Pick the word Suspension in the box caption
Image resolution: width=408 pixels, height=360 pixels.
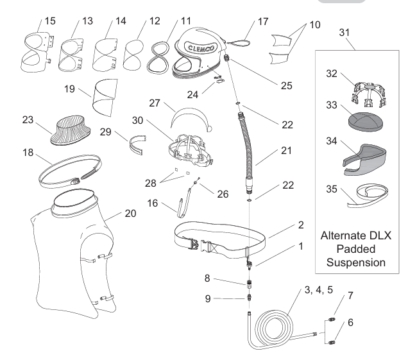coord(354,262)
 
